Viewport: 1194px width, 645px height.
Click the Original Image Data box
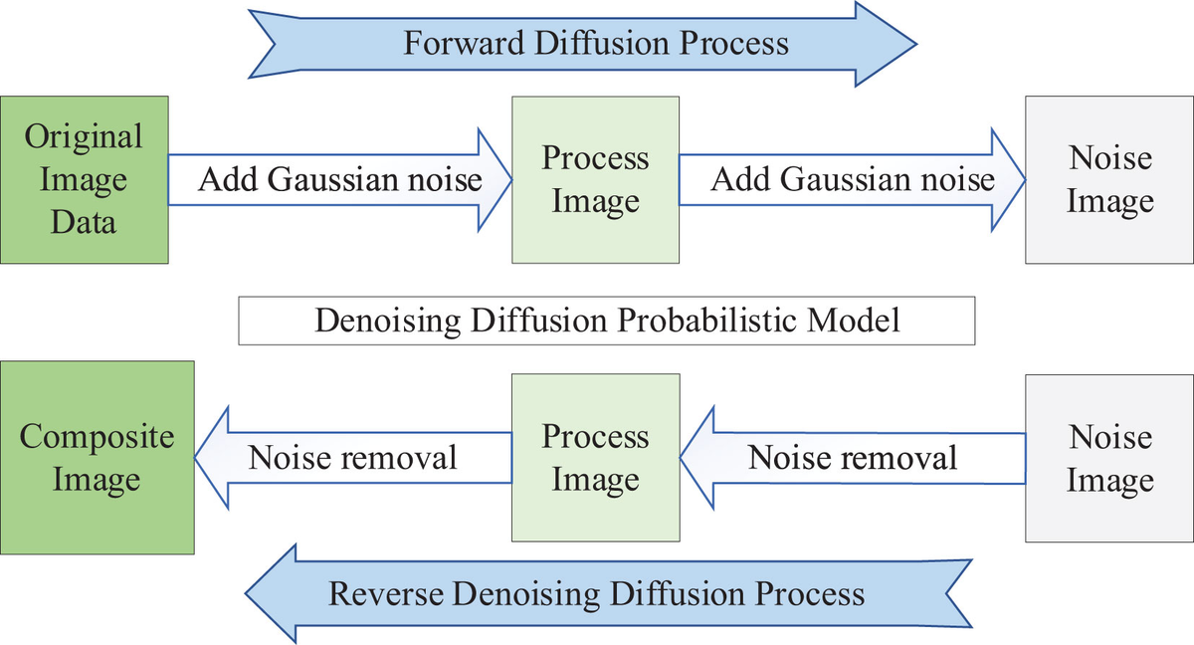[84, 179]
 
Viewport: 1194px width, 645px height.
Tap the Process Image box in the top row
[595, 179]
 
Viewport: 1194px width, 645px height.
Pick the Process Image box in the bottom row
[595, 458]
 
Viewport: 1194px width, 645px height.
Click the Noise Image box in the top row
[1109, 179]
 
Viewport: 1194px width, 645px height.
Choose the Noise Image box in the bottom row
[1109, 458]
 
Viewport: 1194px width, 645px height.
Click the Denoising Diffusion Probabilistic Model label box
[607, 321]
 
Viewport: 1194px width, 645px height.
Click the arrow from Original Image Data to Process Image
[339, 179]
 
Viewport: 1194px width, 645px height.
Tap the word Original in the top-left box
[84, 136]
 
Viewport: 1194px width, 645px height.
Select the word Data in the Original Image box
[84, 222]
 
